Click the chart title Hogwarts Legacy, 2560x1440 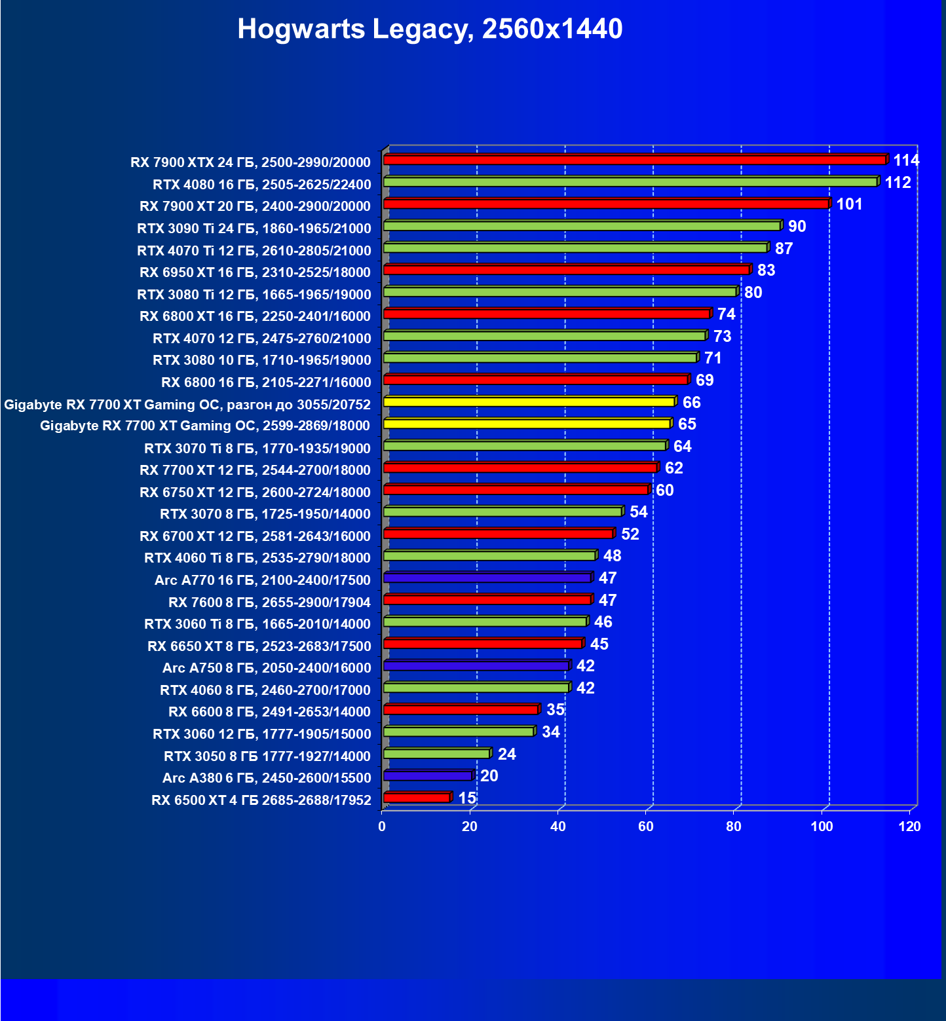(430, 29)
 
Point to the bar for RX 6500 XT (417, 798)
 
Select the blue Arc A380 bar (427, 776)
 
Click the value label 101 (849, 204)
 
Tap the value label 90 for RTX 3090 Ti (797, 227)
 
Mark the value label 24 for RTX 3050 (506, 754)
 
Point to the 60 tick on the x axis (646, 826)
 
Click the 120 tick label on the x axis (909, 826)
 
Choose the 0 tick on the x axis (382, 826)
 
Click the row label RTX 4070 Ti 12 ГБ (254, 250)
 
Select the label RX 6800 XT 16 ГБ (255, 316)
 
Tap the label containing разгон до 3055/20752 (187, 405)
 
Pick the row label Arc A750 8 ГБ (266, 668)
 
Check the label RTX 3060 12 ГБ (261, 734)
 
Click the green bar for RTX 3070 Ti (524, 446)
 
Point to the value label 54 (638, 512)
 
